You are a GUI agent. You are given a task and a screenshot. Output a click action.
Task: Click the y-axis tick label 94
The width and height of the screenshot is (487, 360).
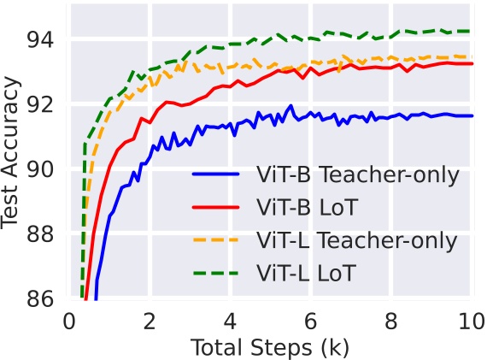click(39, 39)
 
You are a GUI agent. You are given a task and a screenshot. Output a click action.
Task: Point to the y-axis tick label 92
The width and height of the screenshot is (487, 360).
click(39, 104)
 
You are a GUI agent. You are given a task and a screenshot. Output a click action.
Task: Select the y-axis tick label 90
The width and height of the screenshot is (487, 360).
click(39, 169)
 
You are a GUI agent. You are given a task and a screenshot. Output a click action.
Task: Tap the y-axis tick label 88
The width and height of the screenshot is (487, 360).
click(39, 234)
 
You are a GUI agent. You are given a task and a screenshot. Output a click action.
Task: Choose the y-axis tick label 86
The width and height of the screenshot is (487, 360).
click(39, 299)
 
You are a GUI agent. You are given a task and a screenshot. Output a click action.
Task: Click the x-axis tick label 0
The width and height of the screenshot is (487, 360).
click(69, 322)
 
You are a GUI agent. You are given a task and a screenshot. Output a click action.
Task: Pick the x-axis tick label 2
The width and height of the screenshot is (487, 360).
click(150, 322)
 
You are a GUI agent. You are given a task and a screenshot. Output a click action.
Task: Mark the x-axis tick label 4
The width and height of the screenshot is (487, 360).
click(230, 322)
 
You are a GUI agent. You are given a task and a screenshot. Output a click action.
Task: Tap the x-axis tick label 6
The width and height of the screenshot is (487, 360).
click(310, 322)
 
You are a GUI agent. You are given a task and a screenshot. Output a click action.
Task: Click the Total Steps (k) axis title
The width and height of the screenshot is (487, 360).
click(270, 348)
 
